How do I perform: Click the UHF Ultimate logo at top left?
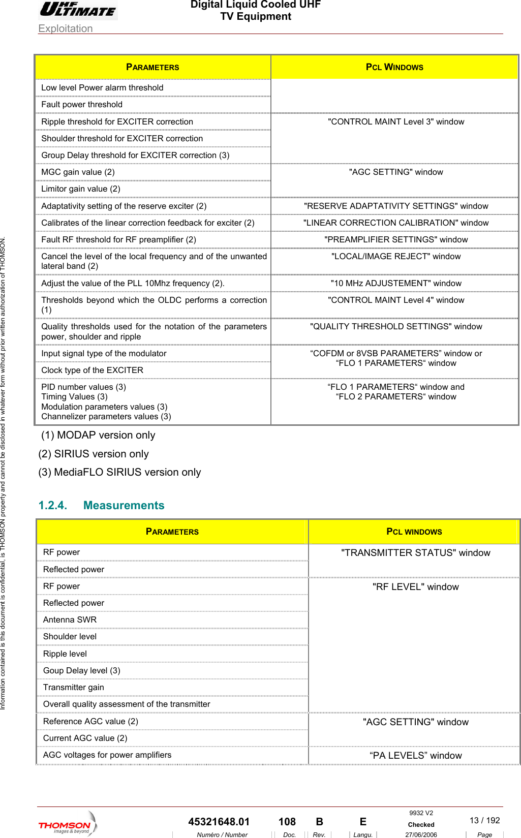pyautogui.click(x=78, y=10)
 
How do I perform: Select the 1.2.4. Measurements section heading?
pyautogui.click(x=101, y=505)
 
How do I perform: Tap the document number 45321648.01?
pyautogui.click(x=219, y=822)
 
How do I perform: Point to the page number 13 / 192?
pyautogui.click(x=484, y=820)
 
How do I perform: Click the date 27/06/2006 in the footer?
pyautogui.click(x=421, y=834)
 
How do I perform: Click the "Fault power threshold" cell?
pyautogui.click(x=82, y=104)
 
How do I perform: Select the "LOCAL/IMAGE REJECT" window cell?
pyautogui.click(x=395, y=256)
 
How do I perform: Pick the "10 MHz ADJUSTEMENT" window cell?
pyautogui.click(x=395, y=283)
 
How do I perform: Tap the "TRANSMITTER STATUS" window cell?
pyautogui.click(x=415, y=552)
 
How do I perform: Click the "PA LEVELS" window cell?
pyautogui.click(x=415, y=755)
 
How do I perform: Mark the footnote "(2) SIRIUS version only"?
pyautogui.click(x=94, y=454)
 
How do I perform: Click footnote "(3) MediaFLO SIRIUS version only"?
pyautogui.click(x=119, y=472)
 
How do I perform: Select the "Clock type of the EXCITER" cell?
pyautogui.click(x=92, y=370)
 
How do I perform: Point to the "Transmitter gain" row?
pyautogui.click(x=73, y=687)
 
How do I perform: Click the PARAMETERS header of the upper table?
pyautogui.click(x=152, y=67)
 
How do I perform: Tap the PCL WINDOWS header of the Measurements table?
pyautogui.click(x=414, y=532)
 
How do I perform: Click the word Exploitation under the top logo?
pyautogui.click(x=66, y=28)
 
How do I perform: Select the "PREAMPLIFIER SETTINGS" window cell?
pyautogui.click(x=395, y=239)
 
